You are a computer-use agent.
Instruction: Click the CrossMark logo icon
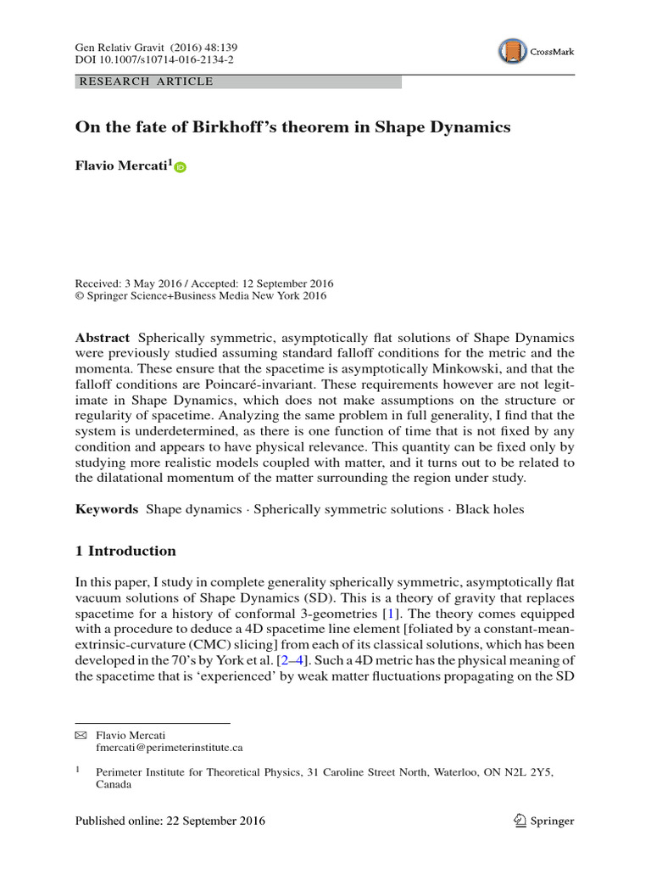click(511, 51)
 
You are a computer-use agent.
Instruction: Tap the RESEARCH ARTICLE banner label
click(145, 81)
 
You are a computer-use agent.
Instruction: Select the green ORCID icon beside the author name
click(180, 168)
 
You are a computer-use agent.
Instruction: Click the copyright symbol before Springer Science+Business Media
click(80, 296)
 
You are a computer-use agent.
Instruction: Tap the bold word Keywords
click(107, 509)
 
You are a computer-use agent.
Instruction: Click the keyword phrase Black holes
click(490, 509)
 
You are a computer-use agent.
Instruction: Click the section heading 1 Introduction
click(125, 551)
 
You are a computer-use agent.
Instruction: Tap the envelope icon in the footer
click(81, 734)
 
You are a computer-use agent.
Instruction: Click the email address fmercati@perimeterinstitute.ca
click(170, 748)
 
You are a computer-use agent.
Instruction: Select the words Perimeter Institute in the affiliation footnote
click(137, 771)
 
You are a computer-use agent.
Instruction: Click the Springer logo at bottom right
click(544, 821)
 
